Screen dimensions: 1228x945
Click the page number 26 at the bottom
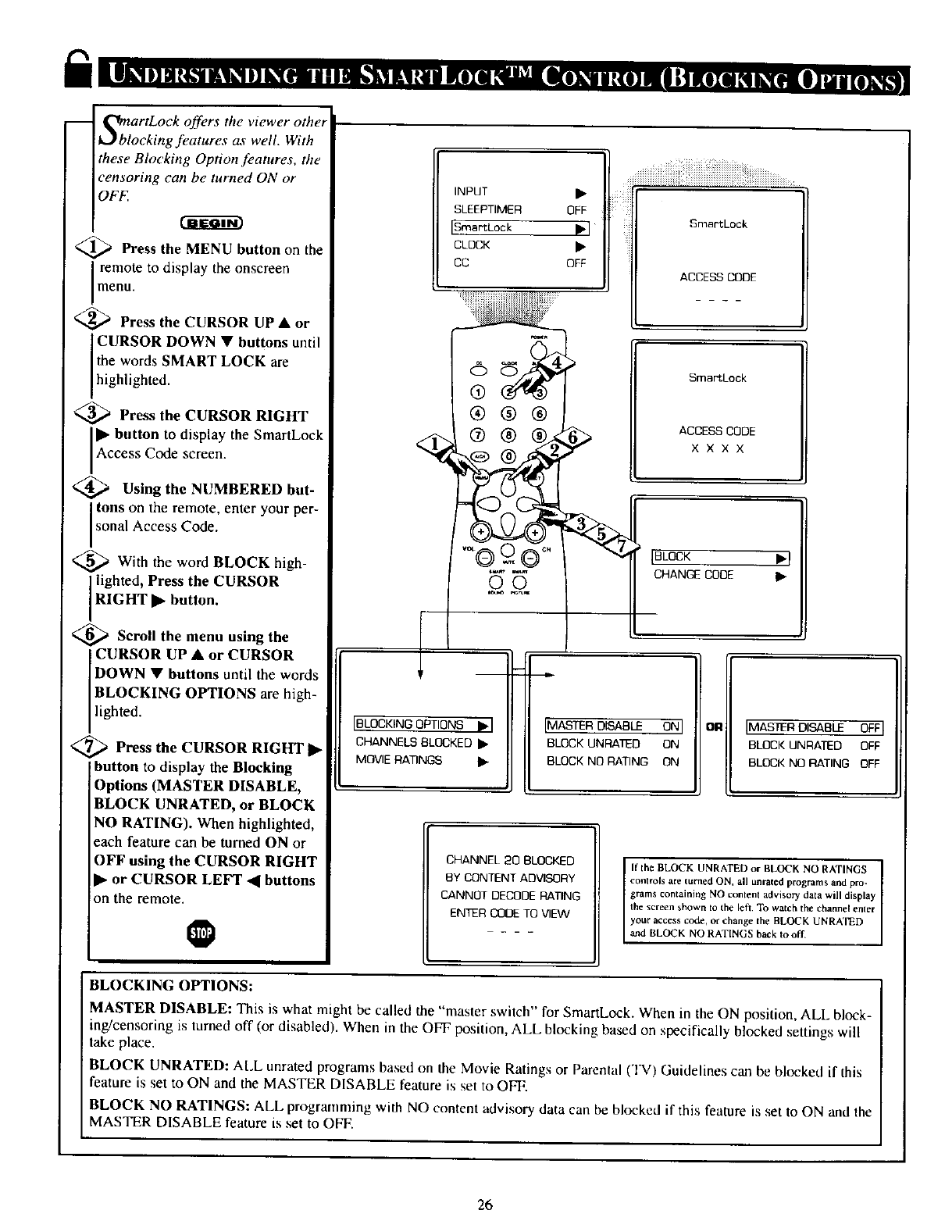tap(485, 1204)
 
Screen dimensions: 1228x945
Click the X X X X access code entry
tap(717, 449)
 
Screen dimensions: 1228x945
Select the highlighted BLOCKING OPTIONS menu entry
tap(422, 724)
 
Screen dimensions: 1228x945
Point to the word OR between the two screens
tap(712, 727)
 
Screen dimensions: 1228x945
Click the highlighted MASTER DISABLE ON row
tap(614, 726)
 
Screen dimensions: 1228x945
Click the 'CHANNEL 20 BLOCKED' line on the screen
tap(510, 860)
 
